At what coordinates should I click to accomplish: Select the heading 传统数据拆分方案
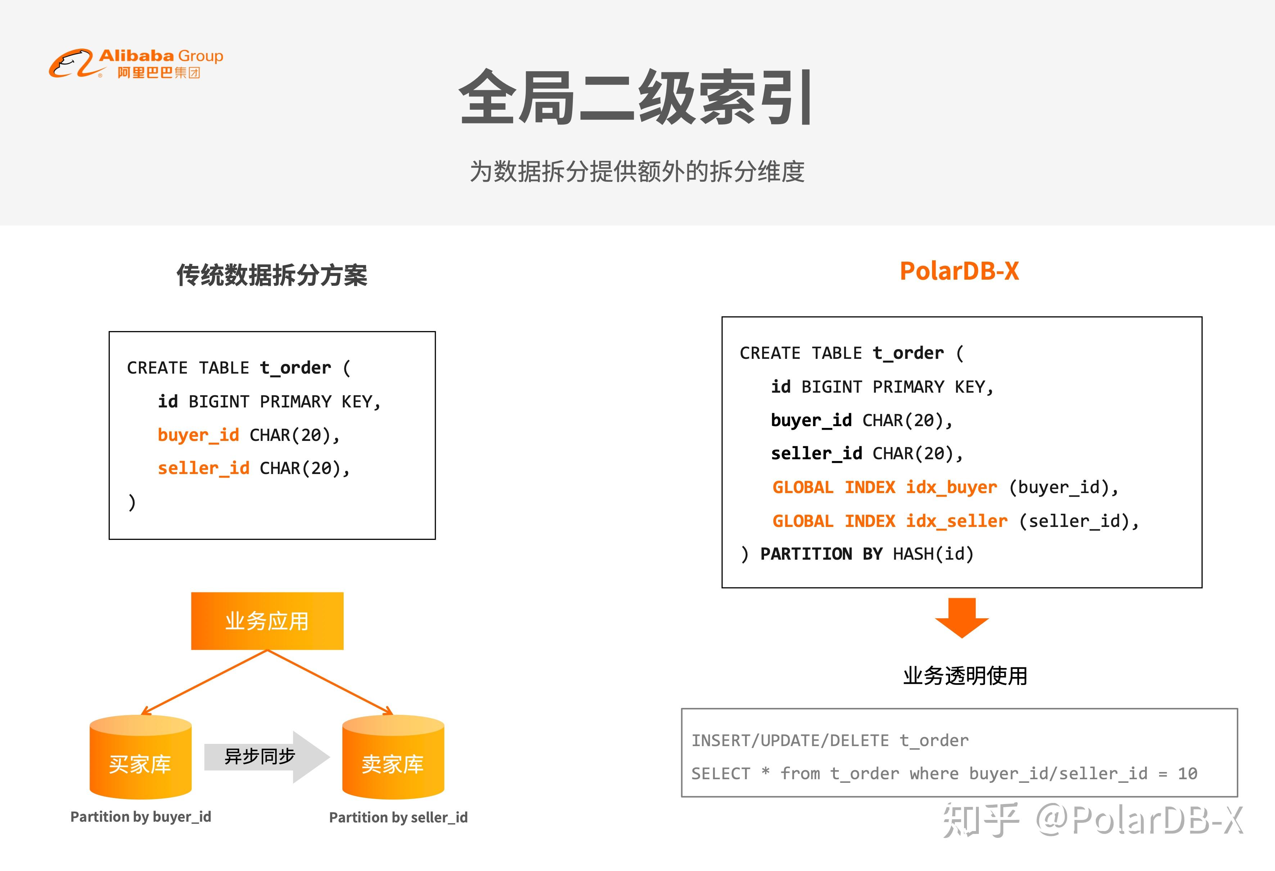coord(272,275)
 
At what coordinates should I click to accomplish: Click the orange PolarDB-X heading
coord(959,271)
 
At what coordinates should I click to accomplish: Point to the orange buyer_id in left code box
coord(199,435)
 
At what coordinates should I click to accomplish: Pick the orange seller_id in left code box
coord(204,468)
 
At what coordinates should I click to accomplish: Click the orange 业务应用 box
coord(267,621)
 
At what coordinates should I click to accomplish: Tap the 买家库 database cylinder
coord(140,757)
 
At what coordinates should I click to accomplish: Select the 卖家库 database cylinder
coord(393,757)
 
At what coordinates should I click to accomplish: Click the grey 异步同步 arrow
coord(267,757)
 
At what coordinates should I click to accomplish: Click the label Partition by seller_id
coord(398,818)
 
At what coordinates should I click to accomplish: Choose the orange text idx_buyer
coord(951,487)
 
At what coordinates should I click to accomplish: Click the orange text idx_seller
coord(957,521)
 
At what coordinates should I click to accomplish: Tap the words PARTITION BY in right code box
coord(821,554)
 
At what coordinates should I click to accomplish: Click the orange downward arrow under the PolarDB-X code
coord(962,618)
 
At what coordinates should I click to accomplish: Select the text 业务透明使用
coord(965,676)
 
